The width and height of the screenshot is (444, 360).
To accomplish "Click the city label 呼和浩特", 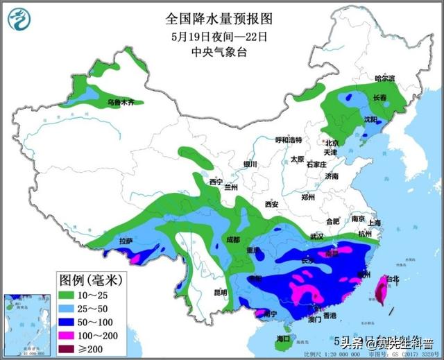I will [289, 139].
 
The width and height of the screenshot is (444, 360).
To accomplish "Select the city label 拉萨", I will [126, 241].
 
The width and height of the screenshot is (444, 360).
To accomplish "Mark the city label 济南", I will [332, 176].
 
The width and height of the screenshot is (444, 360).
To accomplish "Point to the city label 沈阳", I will [372, 120].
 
